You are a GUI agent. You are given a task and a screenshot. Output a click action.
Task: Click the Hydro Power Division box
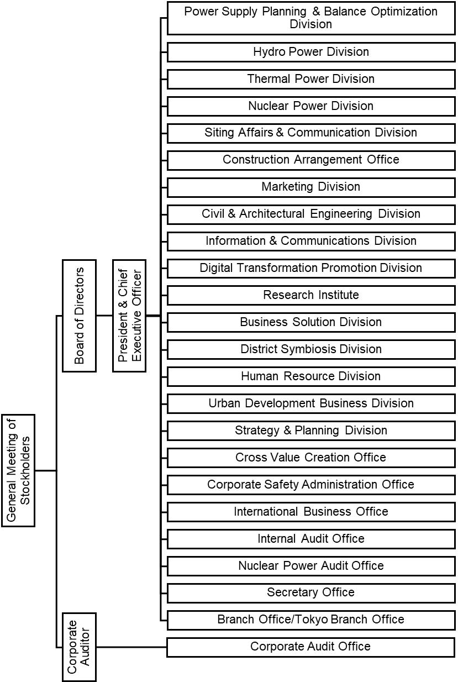(x=310, y=52)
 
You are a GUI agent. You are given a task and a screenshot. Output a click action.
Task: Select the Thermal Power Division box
(x=310, y=79)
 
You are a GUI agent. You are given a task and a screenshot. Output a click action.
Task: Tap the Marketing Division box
(x=310, y=187)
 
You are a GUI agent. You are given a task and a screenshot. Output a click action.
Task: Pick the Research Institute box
(x=310, y=295)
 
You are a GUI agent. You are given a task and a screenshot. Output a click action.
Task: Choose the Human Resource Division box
(x=310, y=376)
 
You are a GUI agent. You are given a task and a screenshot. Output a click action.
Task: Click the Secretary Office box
(x=310, y=592)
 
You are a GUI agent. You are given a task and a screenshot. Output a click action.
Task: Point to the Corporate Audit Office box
(x=310, y=647)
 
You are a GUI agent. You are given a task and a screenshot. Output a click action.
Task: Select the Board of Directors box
(x=80, y=316)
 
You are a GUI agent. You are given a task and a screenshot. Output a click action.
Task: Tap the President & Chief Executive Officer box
(x=129, y=316)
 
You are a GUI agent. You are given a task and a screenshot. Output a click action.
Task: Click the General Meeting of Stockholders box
(x=18, y=470)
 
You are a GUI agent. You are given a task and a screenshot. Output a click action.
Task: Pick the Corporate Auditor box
(x=79, y=647)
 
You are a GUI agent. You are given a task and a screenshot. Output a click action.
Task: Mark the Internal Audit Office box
(x=310, y=539)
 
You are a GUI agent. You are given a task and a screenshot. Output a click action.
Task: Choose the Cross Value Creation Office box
(x=310, y=458)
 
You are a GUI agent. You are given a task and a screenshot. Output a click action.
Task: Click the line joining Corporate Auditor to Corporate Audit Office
(x=131, y=647)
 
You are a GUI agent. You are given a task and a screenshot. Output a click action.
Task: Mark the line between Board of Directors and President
(x=104, y=316)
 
